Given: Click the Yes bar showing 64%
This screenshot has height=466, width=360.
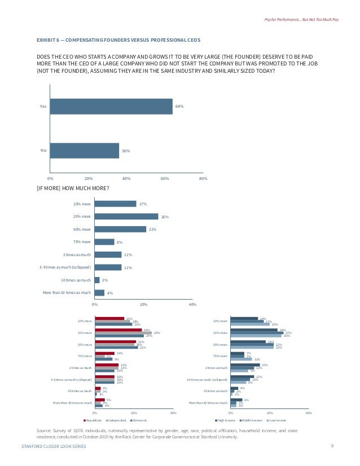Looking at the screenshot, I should (111, 106).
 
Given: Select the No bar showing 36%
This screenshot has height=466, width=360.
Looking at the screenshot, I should (84, 151).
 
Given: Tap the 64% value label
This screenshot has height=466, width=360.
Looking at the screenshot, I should (179, 106).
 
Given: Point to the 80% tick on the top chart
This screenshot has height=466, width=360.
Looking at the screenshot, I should (203, 178).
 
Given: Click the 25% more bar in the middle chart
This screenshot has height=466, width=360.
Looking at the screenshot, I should (126, 217).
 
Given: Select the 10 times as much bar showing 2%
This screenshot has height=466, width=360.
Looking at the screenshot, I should (97, 280).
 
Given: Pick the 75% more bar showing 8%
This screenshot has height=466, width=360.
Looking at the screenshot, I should (104, 242).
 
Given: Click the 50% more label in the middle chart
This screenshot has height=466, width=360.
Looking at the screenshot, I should (82, 229).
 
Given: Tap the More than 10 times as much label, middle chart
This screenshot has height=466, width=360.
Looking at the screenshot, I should (67, 293).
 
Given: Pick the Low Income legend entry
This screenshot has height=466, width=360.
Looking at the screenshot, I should (277, 420).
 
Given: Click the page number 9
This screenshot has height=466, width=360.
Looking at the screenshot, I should (332, 446).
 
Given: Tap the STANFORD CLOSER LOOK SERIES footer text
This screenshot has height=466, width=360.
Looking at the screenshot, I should (54, 446).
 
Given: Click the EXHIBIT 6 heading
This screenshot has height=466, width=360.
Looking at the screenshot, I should (118, 40).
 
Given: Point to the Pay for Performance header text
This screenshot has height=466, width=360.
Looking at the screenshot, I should (301, 20).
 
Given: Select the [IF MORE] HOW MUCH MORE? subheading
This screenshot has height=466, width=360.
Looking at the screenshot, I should (72, 188).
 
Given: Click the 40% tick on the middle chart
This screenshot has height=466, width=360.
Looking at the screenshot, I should (192, 305).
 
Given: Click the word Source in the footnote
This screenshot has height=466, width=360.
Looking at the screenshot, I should (43, 430).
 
